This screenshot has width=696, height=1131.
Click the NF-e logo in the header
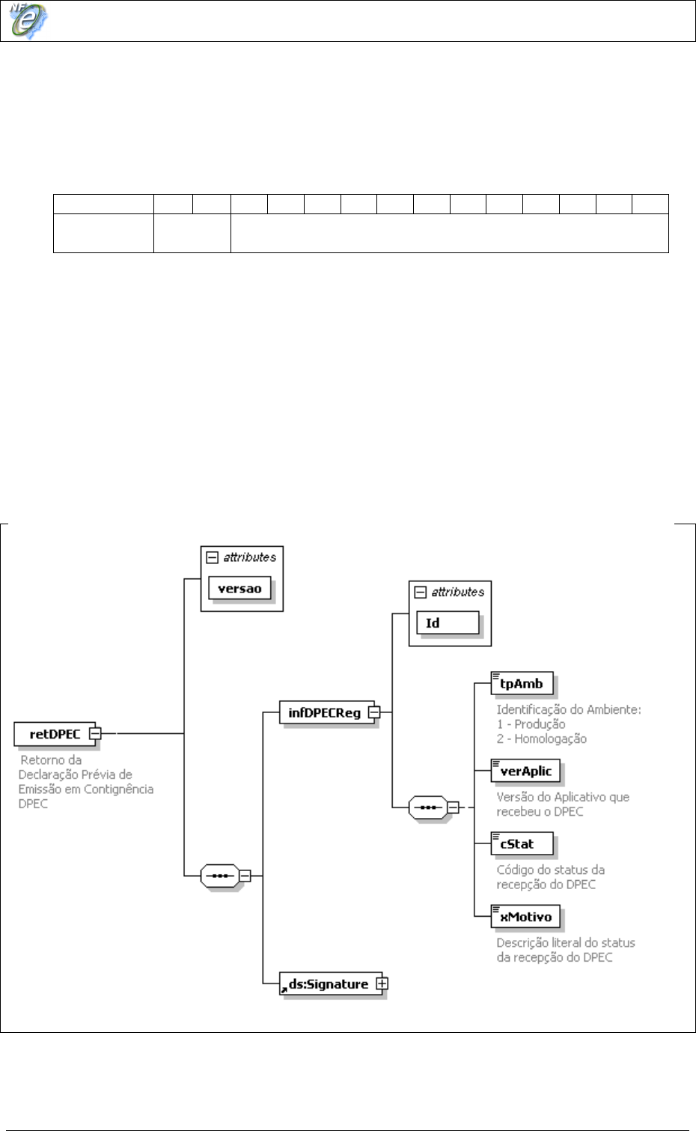[28, 20]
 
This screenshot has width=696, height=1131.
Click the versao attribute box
[239, 589]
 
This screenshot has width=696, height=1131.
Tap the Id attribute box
[448, 623]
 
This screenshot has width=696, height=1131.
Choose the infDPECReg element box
[324, 713]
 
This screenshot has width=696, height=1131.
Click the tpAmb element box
[522, 683]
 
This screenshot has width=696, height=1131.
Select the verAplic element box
[525, 771]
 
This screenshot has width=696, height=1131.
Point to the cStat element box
[522, 843]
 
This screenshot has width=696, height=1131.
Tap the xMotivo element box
[525, 917]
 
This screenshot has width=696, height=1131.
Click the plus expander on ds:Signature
[382, 983]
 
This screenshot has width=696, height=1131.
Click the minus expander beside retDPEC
[94, 733]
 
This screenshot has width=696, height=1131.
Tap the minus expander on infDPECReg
[374, 712]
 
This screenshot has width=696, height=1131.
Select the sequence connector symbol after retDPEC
[219, 875]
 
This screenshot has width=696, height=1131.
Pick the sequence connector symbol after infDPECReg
[427, 807]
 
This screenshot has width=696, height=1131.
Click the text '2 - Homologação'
[541, 739]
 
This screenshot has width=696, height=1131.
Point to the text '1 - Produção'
[531, 724]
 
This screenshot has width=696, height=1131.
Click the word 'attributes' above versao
[249, 557]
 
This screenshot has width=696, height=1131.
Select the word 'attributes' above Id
[457, 592]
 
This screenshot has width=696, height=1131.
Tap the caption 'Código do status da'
[550, 870]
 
